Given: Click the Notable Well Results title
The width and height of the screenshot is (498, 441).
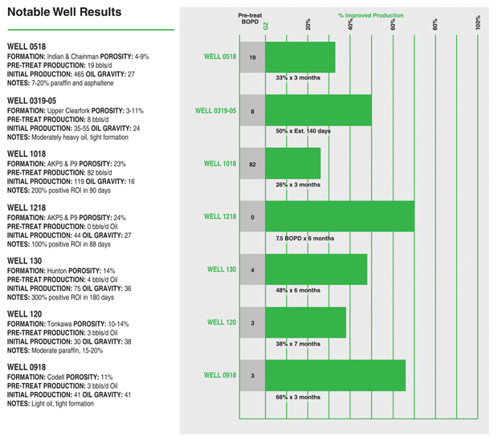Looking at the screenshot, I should [x=64, y=12].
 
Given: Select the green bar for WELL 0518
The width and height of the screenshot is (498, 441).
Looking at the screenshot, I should [x=300, y=57].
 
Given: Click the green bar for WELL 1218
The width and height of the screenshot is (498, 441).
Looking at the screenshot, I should [x=340, y=217].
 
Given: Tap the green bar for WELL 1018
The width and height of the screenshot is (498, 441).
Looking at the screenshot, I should [x=292, y=164].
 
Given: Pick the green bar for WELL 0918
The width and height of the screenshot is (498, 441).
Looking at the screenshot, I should [x=335, y=375].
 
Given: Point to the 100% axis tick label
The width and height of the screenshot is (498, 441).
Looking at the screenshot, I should [x=478, y=23].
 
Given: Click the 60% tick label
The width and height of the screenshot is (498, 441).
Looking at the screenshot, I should [x=394, y=25].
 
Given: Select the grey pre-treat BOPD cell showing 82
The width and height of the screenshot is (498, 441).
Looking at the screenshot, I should [x=252, y=164].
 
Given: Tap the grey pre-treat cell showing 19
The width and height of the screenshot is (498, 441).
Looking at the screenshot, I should [x=252, y=58].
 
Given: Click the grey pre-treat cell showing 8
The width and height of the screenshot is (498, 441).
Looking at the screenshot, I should [x=252, y=112].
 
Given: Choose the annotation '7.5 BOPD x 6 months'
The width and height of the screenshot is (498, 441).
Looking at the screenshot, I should [x=304, y=239].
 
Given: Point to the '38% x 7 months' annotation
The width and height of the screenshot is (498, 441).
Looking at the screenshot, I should [x=298, y=344].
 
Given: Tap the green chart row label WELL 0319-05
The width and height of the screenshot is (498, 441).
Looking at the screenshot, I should [x=216, y=111].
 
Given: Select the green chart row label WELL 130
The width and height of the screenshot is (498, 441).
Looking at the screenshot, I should [x=221, y=270].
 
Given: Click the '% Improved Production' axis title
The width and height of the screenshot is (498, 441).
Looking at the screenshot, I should [x=370, y=15].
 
